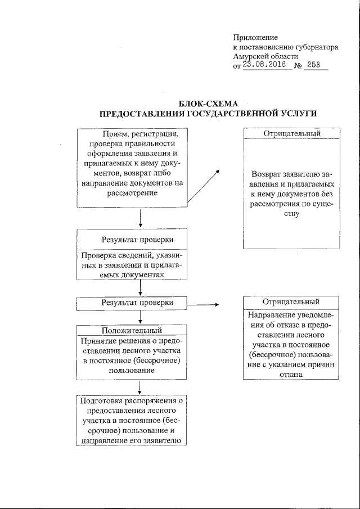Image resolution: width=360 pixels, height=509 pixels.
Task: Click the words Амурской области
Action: pos(265,56)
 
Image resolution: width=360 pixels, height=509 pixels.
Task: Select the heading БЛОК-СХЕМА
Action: pos(208,103)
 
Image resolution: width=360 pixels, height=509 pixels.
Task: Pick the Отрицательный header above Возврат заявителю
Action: pos(292,134)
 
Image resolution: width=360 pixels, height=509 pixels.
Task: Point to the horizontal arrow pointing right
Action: pos(203,305)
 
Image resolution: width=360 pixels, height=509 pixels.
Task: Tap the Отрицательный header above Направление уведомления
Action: pos(292,302)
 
